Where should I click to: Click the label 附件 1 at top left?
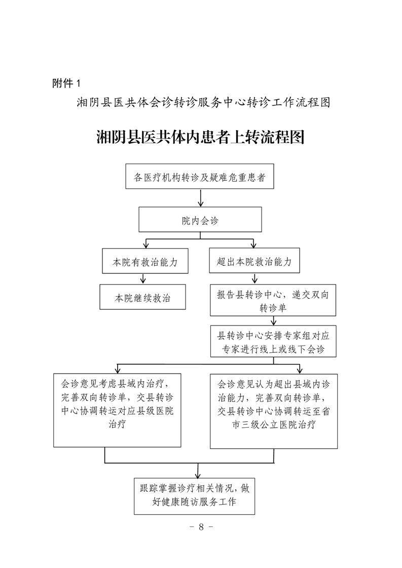pos(66,83)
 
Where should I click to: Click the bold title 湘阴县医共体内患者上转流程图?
pos(200,137)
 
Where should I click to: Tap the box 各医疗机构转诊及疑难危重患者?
pos(199,177)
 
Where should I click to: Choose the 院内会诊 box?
pos(200,221)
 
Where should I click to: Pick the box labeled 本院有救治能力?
pos(145,262)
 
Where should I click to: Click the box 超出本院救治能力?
pos(253,262)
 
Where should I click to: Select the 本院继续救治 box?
pos(142,297)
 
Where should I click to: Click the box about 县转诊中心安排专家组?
pos(273,342)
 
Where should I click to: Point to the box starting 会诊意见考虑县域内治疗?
pos(118,410)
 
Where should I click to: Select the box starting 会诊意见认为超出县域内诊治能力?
pos(274,410)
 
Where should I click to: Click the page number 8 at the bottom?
pos(201,526)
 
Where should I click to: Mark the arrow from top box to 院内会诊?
pos(200,199)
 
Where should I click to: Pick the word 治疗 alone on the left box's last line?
pos(118,425)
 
